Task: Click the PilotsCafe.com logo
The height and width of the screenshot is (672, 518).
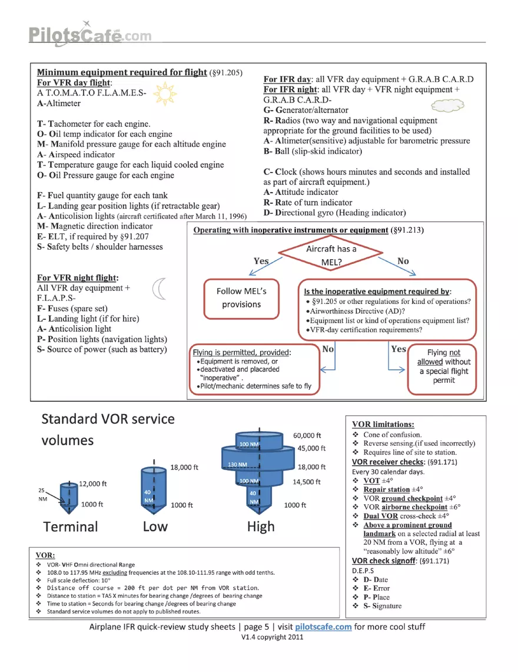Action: [x=90, y=34]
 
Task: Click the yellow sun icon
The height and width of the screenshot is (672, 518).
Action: [x=165, y=94]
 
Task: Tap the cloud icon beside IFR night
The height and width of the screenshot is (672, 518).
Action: [x=447, y=105]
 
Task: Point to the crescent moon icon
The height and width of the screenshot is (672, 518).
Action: [x=160, y=289]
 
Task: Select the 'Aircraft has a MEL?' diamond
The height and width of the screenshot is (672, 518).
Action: [x=330, y=254]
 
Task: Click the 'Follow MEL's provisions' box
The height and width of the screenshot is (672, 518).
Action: [x=241, y=299]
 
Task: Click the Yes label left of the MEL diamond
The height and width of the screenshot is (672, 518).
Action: [x=261, y=260]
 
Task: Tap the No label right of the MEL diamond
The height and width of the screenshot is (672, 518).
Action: [x=403, y=260]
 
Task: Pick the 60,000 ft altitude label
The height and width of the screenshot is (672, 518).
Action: [x=307, y=435]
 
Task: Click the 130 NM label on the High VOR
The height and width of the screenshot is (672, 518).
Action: [x=237, y=465]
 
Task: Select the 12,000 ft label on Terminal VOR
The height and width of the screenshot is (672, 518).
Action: [x=92, y=484]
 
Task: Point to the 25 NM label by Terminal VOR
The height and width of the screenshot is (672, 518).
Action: [x=42, y=495]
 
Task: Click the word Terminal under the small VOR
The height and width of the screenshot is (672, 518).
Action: [x=71, y=527]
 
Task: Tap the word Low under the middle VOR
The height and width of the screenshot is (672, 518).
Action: [x=155, y=527]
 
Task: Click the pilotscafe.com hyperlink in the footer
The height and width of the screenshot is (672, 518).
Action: [x=323, y=627]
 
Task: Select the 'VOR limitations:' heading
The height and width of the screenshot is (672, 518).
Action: [x=383, y=424]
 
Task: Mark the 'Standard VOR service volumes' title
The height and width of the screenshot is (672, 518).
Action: [x=108, y=429]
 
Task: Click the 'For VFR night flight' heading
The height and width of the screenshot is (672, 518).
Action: [x=78, y=278]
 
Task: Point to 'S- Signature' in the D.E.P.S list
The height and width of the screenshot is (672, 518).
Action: [x=382, y=606]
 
